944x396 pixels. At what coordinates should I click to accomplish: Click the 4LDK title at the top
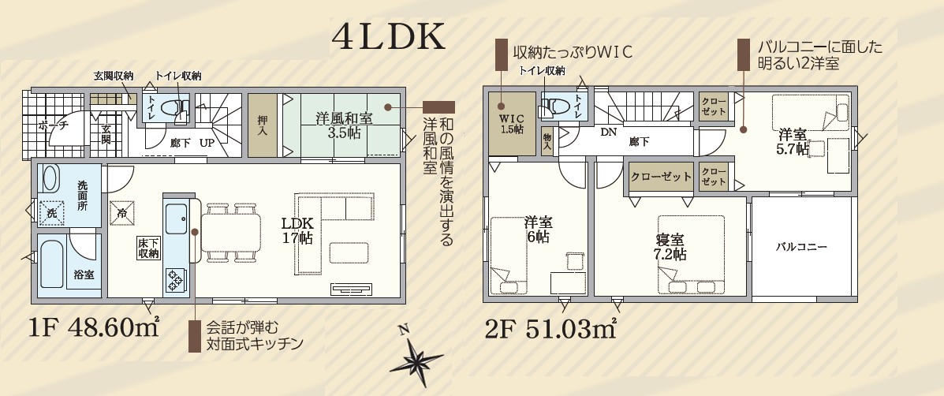point(388,38)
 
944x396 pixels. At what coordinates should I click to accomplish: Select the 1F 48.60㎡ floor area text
point(93,329)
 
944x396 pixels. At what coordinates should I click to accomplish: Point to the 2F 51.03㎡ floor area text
point(550,329)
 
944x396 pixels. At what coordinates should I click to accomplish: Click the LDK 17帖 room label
point(297,230)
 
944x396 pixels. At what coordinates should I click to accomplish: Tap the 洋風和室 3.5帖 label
point(345,125)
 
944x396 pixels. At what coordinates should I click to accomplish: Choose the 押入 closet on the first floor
point(263,125)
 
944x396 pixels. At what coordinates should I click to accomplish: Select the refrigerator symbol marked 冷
point(122,214)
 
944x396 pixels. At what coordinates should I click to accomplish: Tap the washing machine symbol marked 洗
point(52,212)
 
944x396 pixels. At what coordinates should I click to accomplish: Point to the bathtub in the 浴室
point(50,263)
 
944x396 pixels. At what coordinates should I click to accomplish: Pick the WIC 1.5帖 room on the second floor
point(511,123)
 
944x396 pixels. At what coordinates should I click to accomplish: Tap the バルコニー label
point(801,247)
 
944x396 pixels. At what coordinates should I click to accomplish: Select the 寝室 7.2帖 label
point(670,247)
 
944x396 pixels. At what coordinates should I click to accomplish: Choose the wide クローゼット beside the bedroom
point(662,177)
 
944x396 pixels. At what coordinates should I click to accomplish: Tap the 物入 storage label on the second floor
point(547,142)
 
